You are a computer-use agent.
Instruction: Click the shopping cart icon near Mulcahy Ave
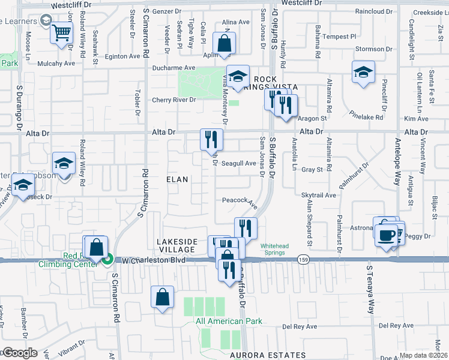click(61, 32)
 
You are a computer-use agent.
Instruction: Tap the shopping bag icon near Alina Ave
click(224, 43)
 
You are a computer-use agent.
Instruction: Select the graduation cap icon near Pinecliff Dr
click(363, 73)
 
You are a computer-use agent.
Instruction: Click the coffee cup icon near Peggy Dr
click(386, 233)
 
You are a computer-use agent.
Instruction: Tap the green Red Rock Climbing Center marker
click(107, 260)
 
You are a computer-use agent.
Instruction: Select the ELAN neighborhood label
click(177, 179)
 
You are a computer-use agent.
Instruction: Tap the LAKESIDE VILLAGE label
click(176, 245)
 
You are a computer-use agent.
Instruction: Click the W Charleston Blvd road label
click(153, 261)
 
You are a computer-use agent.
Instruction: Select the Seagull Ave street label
click(239, 164)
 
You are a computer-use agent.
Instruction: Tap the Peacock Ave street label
click(240, 202)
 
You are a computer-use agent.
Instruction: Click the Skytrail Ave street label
click(319, 195)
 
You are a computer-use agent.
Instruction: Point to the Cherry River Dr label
click(173, 100)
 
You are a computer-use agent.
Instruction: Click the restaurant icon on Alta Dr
click(211, 140)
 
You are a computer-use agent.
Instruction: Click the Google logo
click(19, 353)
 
